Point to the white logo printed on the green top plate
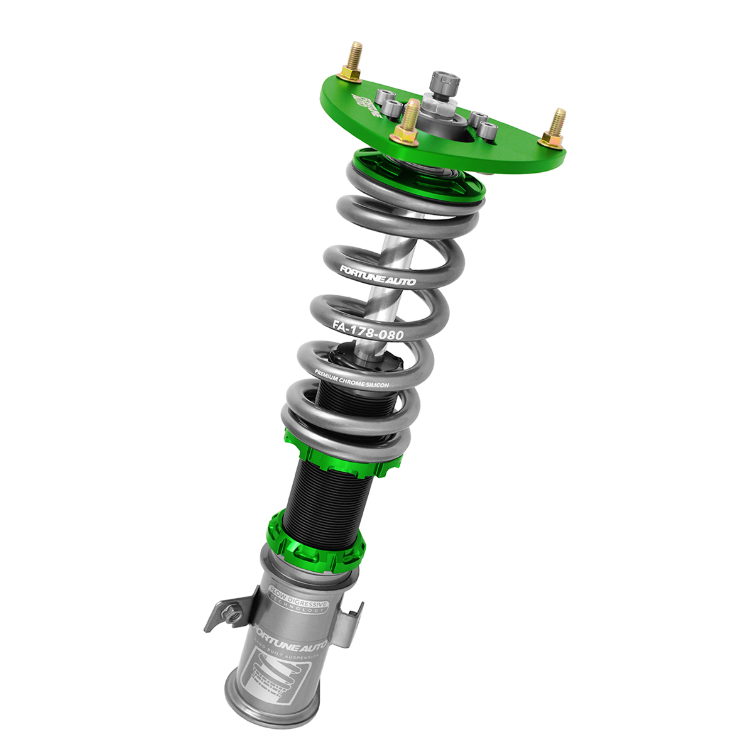coord(367,104)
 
